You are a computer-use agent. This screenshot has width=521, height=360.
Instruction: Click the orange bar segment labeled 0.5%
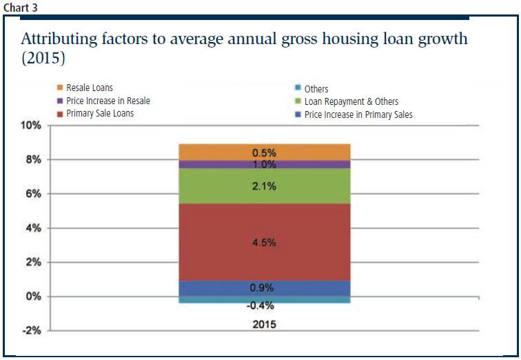click(265, 152)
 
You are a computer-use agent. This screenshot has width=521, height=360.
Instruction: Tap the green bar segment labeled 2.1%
click(265, 186)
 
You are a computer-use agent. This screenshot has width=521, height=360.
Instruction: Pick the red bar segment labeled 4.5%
click(265, 242)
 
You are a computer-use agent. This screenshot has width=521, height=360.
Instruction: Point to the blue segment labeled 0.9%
click(265, 288)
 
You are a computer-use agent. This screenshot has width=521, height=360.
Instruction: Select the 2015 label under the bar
click(265, 323)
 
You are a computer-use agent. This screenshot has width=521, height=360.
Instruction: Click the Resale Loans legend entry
click(89, 88)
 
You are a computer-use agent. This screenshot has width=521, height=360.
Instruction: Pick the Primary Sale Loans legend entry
click(100, 113)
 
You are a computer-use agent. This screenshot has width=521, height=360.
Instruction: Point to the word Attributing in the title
click(58, 39)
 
